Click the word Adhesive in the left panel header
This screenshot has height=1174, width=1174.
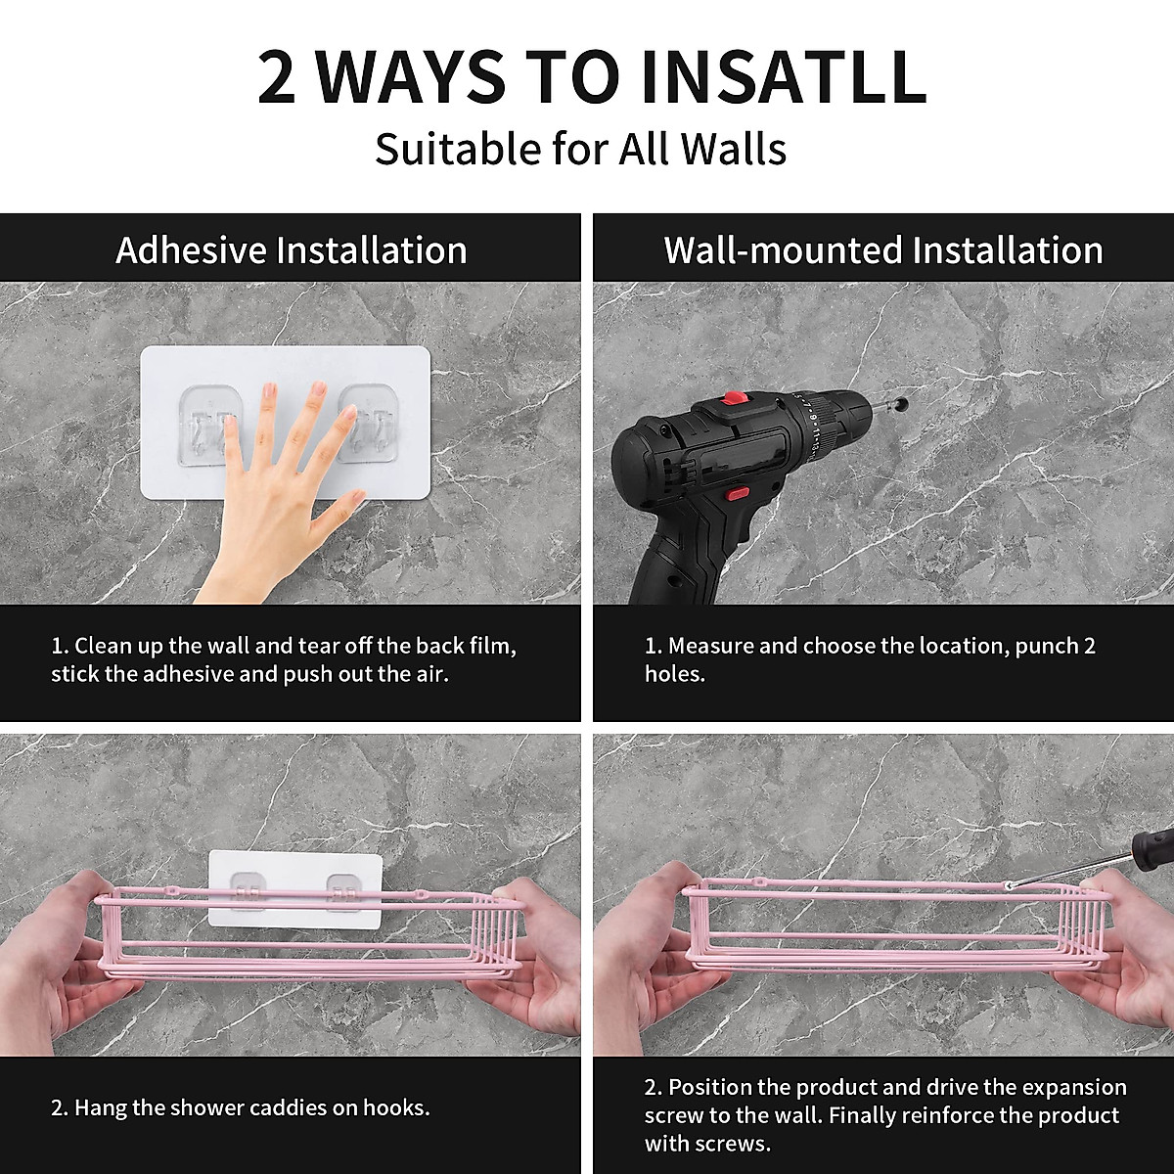(x=191, y=249)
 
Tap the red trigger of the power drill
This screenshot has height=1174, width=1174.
(x=739, y=492)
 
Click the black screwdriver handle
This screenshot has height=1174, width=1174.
(x=1155, y=847)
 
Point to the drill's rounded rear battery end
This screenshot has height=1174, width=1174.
(x=634, y=454)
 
